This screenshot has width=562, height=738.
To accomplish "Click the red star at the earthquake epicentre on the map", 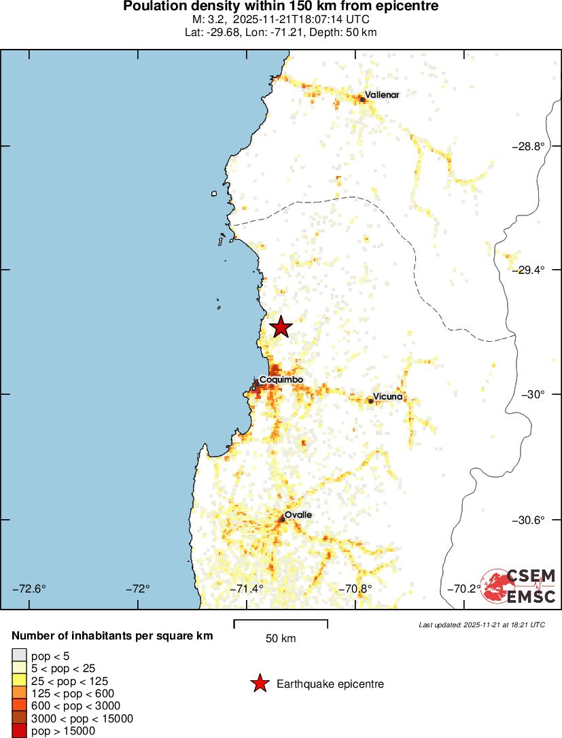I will [x=281, y=328].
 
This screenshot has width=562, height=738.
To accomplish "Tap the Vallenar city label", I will [x=382, y=95].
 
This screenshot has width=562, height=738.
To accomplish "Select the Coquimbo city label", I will [x=281, y=379].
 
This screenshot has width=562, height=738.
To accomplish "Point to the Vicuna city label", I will [x=388, y=397].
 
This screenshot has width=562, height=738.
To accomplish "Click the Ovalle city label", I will [x=298, y=515].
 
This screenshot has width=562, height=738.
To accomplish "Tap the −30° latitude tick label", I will [x=533, y=394].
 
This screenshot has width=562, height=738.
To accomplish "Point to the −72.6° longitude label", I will [x=29, y=588].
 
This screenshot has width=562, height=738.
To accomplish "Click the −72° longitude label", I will [x=138, y=588].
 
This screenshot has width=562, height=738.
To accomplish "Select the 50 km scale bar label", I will [x=281, y=639].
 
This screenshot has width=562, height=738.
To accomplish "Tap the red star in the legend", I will [x=259, y=684].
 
